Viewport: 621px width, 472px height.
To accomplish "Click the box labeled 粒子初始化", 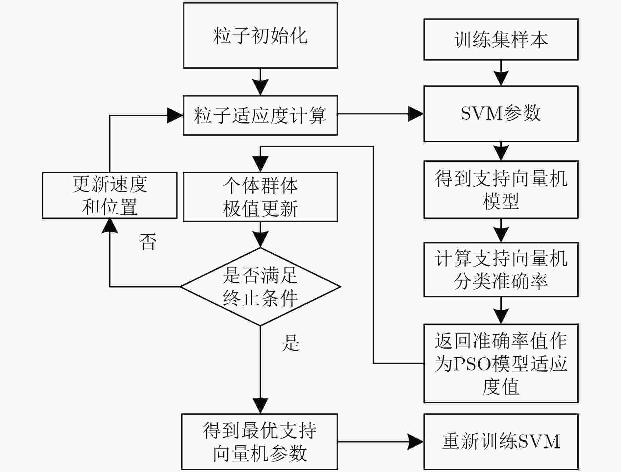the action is pyautogui.click(x=260, y=35).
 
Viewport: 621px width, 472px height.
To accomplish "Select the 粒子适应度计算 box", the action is pyautogui.click(x=260, y=115).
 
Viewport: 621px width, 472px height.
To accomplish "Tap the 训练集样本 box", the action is pyautogui.click(x=501, y=39).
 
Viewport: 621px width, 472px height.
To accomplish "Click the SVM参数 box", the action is pyautogui.click(x=501, y=114).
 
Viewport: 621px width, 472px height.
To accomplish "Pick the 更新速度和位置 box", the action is pyautogui.click(x=110, y=195).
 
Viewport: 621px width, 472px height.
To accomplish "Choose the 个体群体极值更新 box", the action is pyautogui.click(x=260, y=197).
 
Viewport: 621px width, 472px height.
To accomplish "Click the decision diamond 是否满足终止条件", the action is pyautogui.click(x=260, y=287).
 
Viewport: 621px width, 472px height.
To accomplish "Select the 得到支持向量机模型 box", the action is pyautogui.click(x=501, y=190).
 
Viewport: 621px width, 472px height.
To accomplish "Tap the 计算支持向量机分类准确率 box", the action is pyautogui.click(x=501, y=270).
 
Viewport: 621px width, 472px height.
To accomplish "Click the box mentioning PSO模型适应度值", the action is pyautogui.click(x=501, y=363).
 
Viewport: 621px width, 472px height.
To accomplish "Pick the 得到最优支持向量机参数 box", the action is pyautogui.click(x=260, y=441).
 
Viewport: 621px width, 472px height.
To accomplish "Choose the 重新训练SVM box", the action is pyautogui.click(x=501, y=441).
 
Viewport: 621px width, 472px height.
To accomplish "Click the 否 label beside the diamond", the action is pyautogui.click(x=148, y=242).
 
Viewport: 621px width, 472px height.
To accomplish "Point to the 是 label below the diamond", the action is pyautogui.click(x=290, y=342).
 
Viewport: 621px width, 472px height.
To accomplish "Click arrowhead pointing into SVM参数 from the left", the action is pyautogui.click(x=416, y=114).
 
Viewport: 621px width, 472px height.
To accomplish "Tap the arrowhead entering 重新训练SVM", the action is pyautogui.click(x=416, y=441).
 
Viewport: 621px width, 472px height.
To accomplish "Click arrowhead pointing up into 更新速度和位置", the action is pyautogui.click(x=110, y=226).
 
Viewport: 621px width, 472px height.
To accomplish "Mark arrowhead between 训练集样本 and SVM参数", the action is pyautogui.click(x=501, y=78).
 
